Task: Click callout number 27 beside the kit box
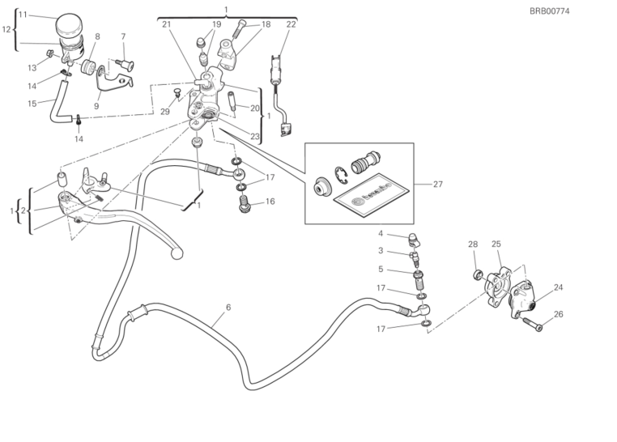438,185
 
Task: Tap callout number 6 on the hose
228,308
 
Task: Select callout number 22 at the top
291,24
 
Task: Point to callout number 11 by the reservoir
23,15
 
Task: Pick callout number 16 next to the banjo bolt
270,202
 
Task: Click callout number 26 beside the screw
557,314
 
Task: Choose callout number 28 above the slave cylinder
473,244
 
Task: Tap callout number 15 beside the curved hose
32,103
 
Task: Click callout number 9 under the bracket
96,105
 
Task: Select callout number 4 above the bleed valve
380,234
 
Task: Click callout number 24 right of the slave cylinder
558,287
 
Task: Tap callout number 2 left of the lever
23,211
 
